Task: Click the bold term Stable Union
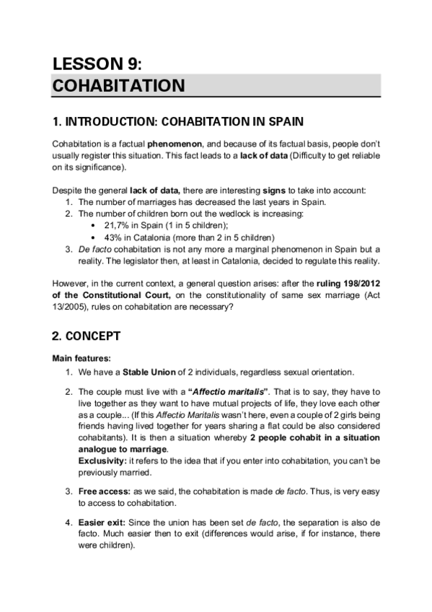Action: pos(141,372)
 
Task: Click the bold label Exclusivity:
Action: pos(102,459)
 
